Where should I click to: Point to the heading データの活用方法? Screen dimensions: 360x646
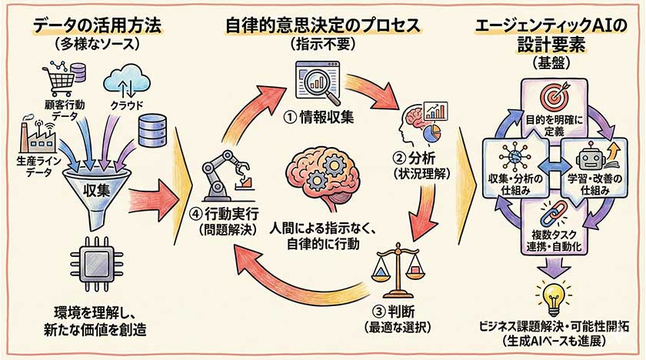tap(89, 25)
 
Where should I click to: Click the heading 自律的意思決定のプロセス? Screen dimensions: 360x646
tap(323, 25)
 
